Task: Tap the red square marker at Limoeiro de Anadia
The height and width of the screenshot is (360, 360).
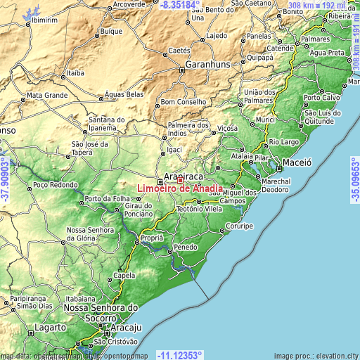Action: pos(180,180)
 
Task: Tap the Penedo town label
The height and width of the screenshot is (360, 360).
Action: pos(186,248)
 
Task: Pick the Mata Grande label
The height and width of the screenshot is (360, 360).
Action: pos(46,94)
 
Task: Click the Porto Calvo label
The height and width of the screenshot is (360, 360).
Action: pos(321,97)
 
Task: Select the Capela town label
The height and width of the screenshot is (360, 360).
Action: pos(124,276)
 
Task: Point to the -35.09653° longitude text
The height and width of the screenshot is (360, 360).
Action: pos(354,180)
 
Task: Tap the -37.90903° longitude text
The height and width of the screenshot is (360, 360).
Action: pos(6,180)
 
